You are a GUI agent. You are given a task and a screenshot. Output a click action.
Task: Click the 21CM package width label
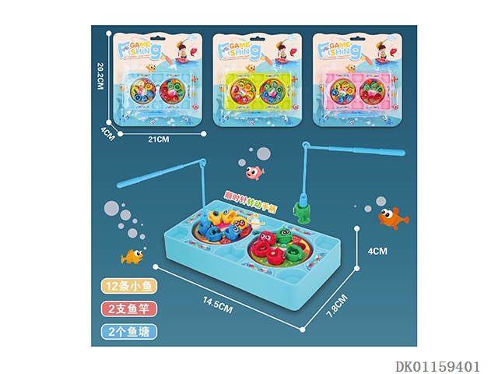(158, 139)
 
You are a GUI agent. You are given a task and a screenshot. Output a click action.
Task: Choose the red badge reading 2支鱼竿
(128, 309)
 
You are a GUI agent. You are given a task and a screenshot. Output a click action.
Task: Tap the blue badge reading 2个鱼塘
(128, 331)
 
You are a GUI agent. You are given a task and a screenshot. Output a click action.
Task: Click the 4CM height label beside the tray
(377, 252)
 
